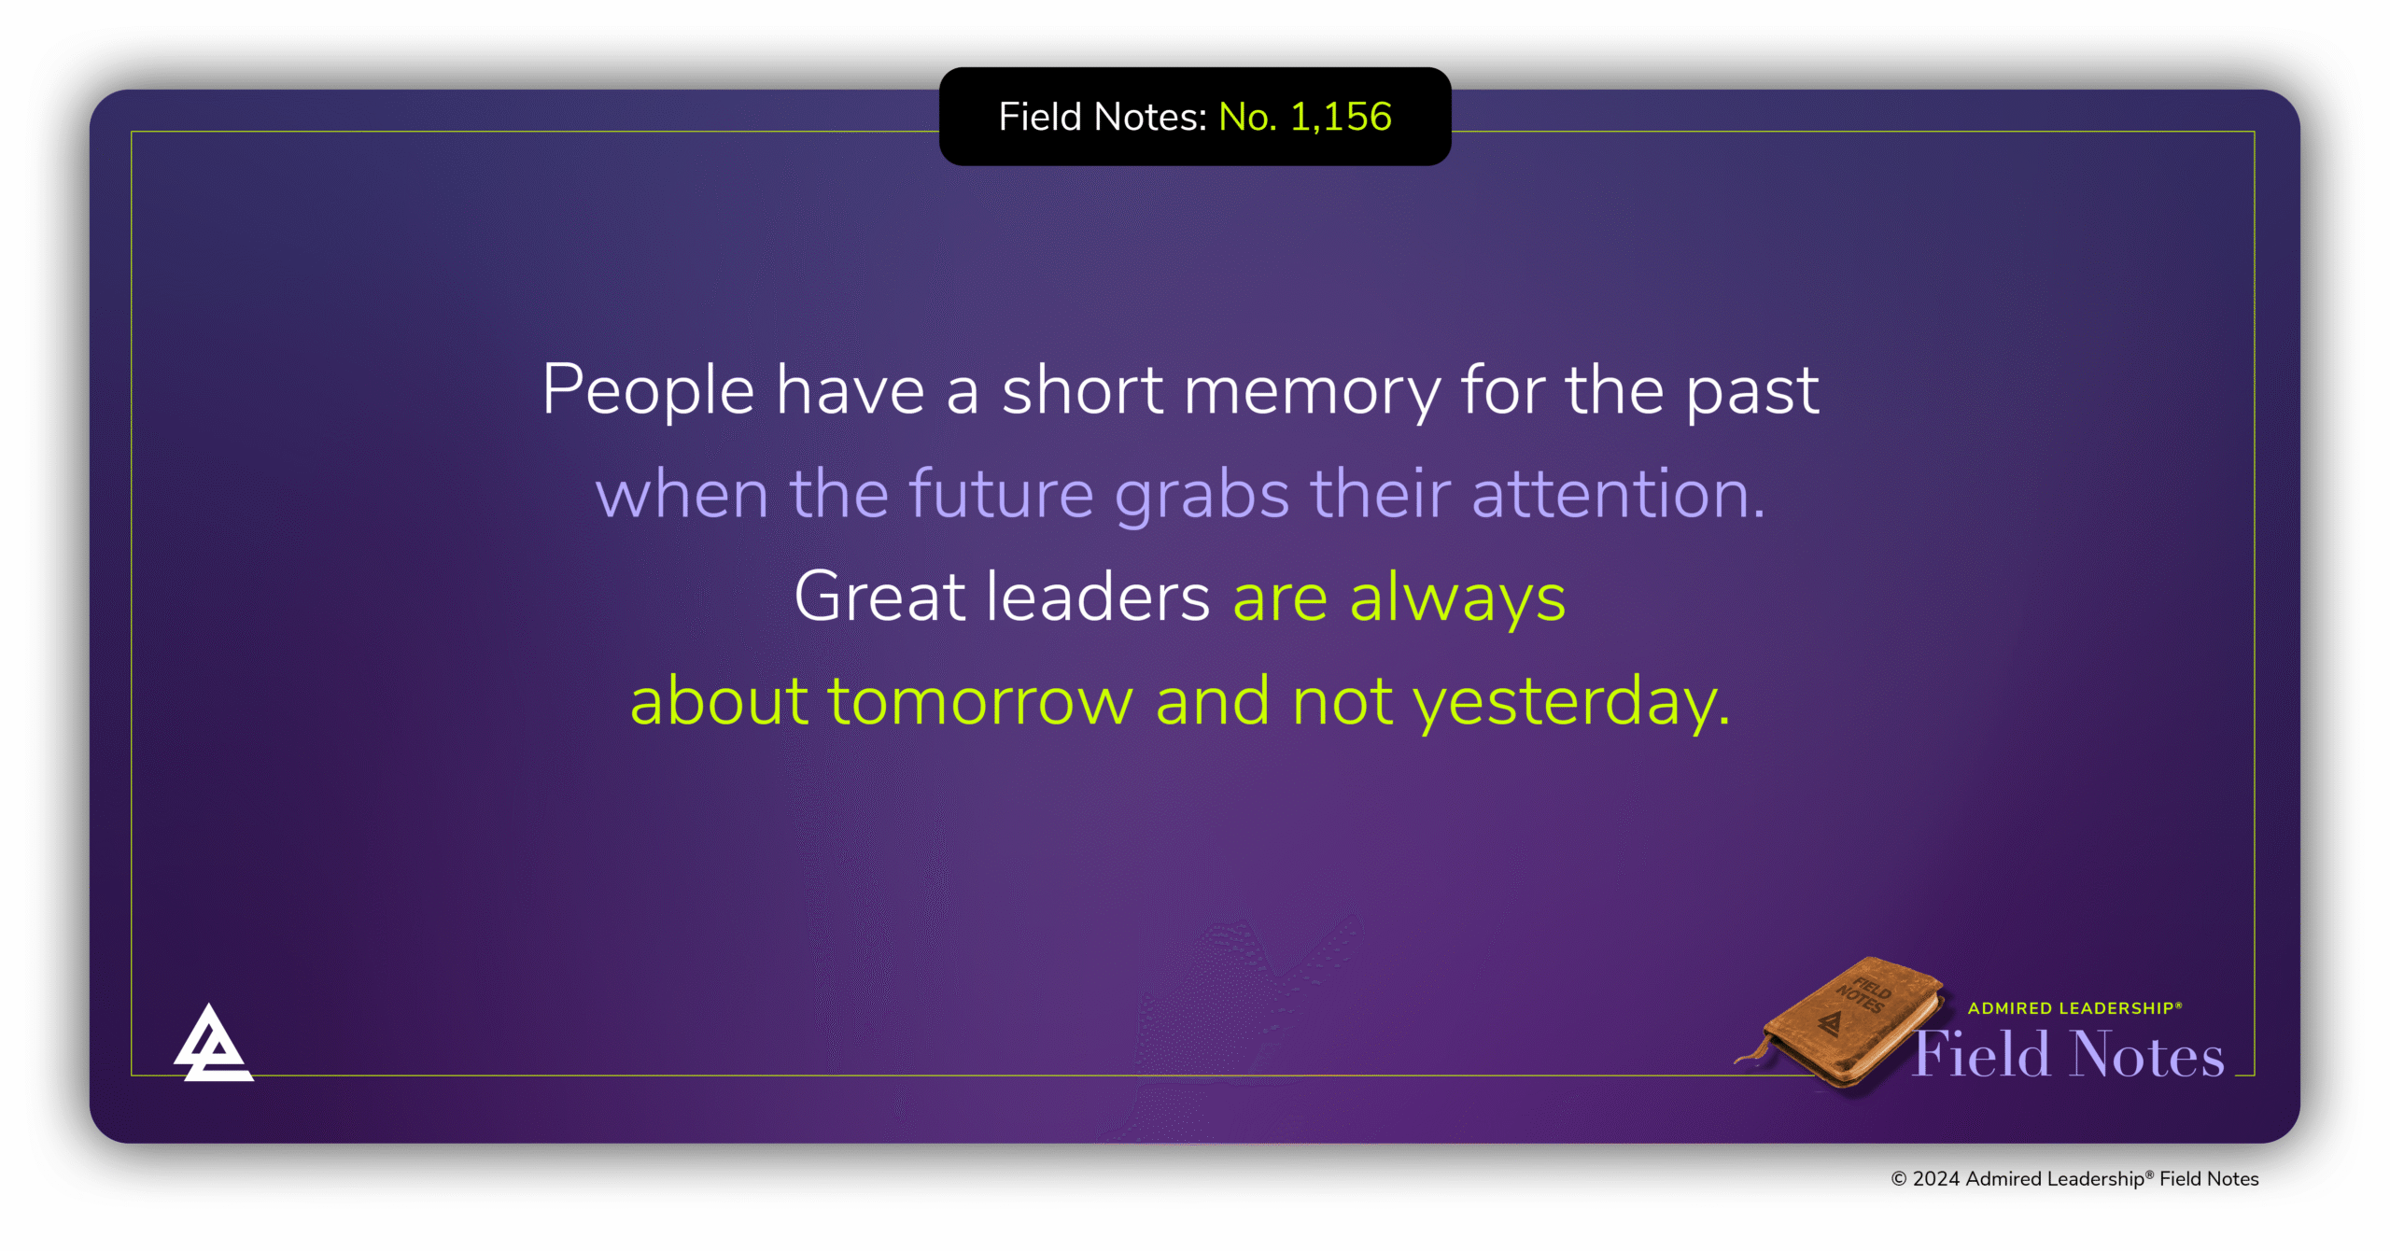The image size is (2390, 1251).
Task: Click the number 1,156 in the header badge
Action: point(1341,118)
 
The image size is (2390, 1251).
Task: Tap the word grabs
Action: point(1202,495)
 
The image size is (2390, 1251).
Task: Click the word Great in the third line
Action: point(879,597)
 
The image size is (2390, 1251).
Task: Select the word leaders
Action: point(1099,597)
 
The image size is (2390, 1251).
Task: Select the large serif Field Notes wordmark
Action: point(2069,1054)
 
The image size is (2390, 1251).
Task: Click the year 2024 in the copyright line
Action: point(1936,1179)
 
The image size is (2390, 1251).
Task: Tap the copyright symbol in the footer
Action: point(1899,1179)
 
